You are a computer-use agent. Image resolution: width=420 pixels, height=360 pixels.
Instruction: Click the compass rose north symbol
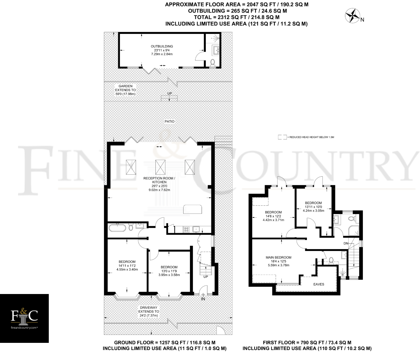(353, 16)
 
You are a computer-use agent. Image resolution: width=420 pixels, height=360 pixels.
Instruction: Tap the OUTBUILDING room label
(162, 46)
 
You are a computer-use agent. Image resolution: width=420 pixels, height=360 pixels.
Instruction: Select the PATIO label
(170, 122)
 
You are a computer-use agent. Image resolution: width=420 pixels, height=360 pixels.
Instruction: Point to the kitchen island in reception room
(192, 209)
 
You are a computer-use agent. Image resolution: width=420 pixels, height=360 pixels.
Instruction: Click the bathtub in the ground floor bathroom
(117, 228)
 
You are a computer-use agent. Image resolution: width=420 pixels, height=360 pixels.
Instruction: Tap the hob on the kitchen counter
(186, 230)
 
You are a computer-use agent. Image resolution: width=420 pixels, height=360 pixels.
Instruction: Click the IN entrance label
(203, 299)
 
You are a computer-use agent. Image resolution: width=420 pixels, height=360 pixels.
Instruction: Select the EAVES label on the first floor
(319, 284)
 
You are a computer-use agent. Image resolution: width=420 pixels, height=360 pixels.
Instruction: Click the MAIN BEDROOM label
(278, 257)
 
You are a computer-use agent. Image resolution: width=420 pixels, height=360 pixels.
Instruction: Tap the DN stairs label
(346, 243)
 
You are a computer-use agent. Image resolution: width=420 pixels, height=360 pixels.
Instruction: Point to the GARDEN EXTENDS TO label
(125, 90)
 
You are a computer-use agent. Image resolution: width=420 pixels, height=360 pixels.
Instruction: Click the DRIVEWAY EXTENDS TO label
(149, 311)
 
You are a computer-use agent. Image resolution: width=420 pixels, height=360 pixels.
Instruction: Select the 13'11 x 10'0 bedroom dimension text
(313, 207)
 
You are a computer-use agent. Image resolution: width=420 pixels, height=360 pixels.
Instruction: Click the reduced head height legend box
(282, 137)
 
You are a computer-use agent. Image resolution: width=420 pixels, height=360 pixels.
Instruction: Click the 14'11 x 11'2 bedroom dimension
(127, 266)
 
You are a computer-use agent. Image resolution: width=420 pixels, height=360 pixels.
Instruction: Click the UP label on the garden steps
(170, 93)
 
